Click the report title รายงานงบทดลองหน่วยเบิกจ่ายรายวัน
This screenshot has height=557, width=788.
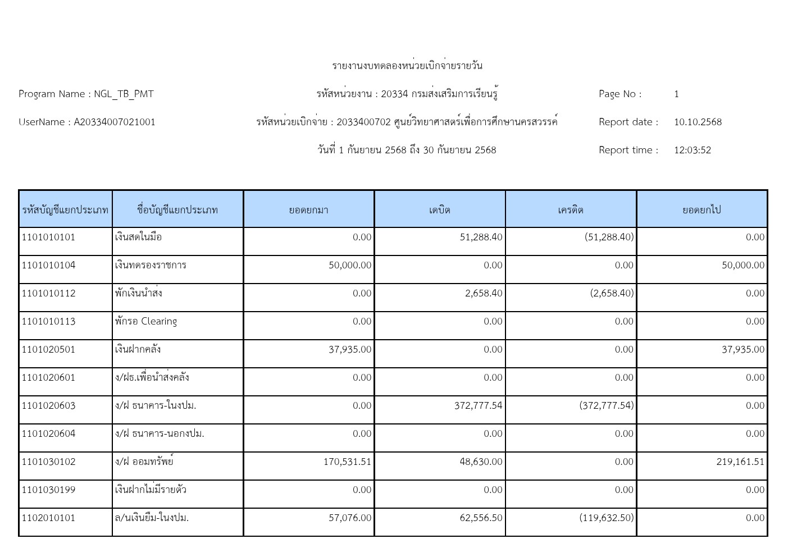click(407, 66)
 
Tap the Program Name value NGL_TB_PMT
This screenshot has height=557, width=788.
click(124, 94)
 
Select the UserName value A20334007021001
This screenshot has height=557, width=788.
click(115, 122)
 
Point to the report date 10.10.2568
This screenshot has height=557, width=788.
click(698, 122)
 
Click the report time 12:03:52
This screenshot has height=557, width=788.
click(693, 150)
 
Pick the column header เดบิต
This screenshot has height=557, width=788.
click(440, 210)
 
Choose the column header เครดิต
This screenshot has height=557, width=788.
click(571, 210)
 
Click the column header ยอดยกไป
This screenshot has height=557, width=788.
click(702, 210)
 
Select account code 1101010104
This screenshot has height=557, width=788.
click(48, 265)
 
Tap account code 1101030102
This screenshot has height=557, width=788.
click(48, 462)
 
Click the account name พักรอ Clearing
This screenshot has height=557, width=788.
click(146, 321)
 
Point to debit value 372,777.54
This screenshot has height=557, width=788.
click(478, 405)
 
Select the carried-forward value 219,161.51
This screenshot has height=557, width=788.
click(740, 462)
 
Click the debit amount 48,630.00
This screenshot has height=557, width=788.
click(481, 462)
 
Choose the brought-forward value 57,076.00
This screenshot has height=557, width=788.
click(350, 518)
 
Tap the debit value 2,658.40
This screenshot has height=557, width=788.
click(484, 293)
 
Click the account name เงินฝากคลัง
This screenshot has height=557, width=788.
click(138, 349)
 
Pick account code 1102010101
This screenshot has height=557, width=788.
click(48, 518)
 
